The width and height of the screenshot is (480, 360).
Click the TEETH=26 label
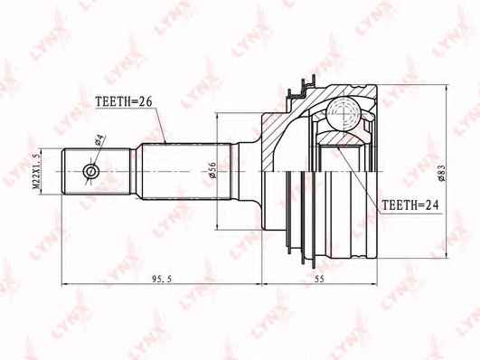[124, 101]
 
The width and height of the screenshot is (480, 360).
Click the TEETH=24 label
[410, 205]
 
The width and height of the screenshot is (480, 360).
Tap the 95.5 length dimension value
[163, 279]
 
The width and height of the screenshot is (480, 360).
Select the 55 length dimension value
[319, 279]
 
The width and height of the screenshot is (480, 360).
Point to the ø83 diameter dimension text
[441, 173]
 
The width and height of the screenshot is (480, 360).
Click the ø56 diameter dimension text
[212, 170]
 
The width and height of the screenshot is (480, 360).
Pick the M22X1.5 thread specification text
[37, 171]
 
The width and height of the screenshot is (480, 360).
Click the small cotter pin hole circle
[91, 171]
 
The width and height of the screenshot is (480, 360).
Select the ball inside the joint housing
[344, 114]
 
